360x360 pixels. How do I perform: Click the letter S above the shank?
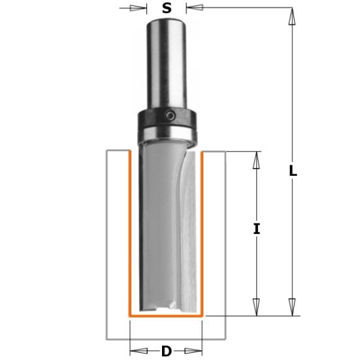(x=167, y=8)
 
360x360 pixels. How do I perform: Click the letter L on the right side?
(x=293, y=171)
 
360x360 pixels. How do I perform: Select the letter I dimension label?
(x=257, y=229)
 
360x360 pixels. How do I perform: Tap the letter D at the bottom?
(x=167, y=352)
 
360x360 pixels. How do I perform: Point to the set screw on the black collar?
(x=170, y=116)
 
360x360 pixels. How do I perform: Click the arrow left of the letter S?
(x=138, y=8)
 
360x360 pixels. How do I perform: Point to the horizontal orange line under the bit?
(x=167, y=314)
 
